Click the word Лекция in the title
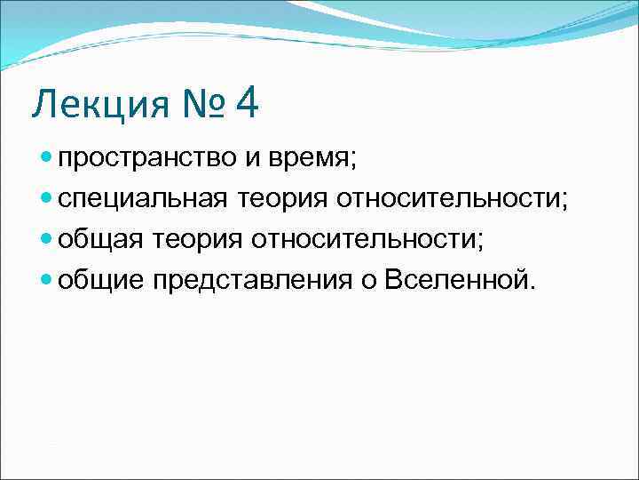[x=99, y=105]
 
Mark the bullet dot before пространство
[x=47, y=161]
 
